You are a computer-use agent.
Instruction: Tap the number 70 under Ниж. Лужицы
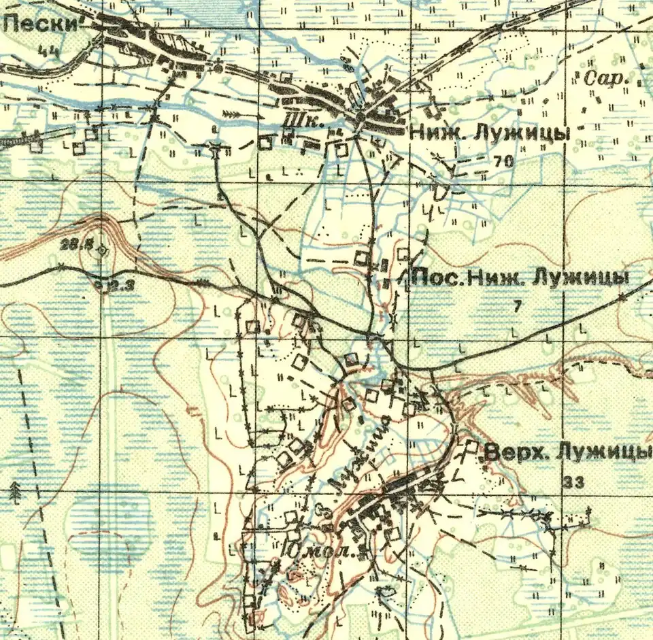(x=504, y=162)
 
